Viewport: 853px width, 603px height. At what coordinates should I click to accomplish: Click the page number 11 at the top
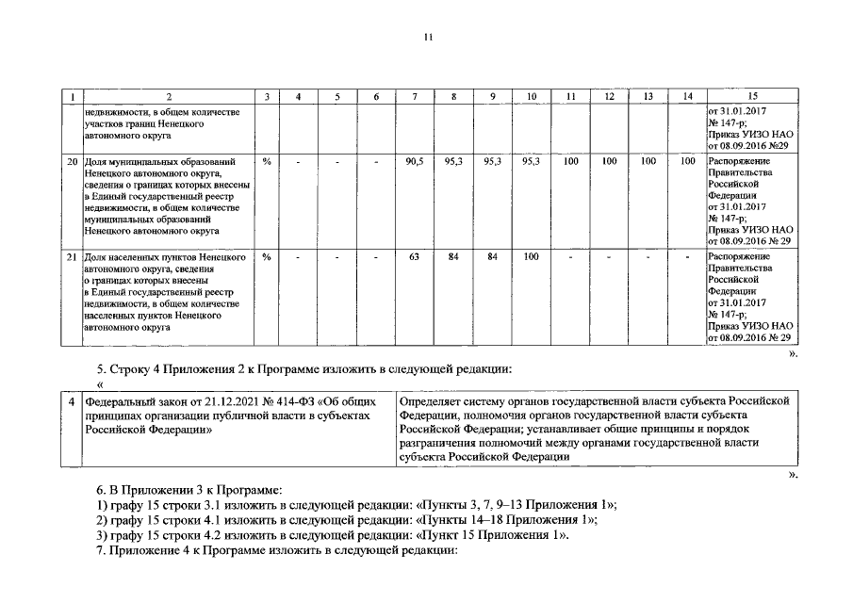pos(427,37)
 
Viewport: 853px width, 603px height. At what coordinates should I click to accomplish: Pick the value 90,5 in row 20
pos(414,162)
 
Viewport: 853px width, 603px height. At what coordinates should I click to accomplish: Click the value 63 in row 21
pos(414,256)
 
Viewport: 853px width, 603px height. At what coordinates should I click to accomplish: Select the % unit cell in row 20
pos(267,162)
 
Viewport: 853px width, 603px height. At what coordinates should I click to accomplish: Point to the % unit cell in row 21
pos(267,256)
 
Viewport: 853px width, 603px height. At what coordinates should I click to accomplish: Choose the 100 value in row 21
pos(532,256)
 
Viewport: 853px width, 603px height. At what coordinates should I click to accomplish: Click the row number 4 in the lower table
pos(72,401)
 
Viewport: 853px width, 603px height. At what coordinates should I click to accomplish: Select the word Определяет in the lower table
pos(430,401)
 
